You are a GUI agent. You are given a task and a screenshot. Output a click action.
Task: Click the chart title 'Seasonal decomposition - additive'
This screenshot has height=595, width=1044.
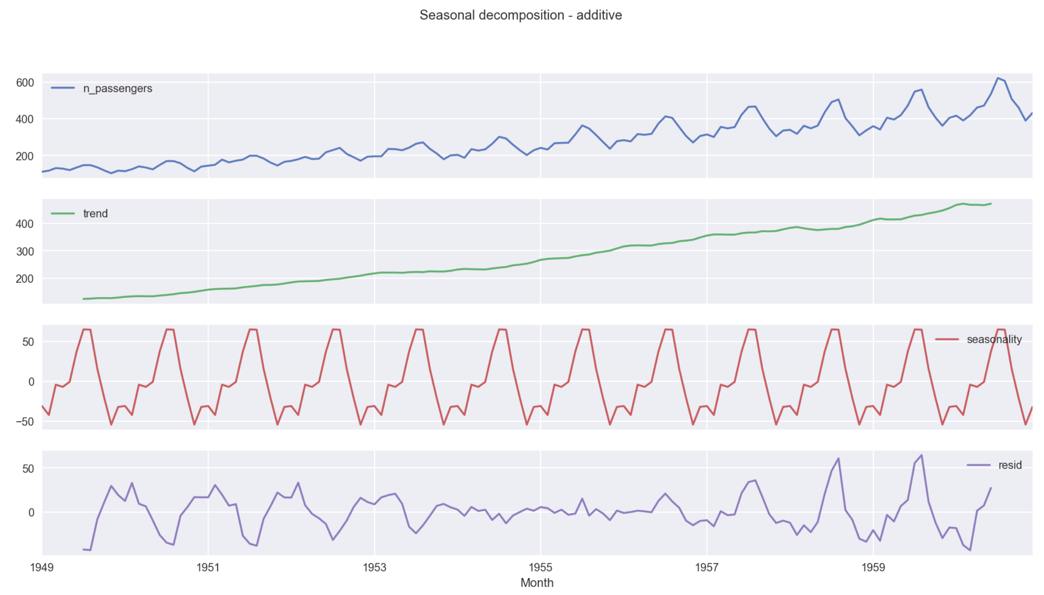click(x=521, y=15)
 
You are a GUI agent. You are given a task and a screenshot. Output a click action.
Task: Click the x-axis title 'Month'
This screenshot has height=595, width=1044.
click(x=537, y=583)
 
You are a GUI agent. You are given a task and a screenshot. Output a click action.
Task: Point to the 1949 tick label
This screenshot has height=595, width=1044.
click(x=42, y=567)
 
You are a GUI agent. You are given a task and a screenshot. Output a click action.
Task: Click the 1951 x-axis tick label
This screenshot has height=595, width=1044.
click(x=208, y=567)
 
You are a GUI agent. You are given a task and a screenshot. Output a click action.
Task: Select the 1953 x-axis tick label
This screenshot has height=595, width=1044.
click(x=374, y=567)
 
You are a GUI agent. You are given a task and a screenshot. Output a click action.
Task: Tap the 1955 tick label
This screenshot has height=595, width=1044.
click(x=540, y=567)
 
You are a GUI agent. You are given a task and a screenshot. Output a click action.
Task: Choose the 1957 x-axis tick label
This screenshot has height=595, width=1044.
click(x=707, y=567)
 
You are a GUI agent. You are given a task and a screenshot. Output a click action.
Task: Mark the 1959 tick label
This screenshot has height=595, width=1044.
click(x=873, y=567)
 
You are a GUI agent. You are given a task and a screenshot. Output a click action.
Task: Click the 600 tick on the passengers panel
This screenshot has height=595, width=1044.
click(x=25, y=83)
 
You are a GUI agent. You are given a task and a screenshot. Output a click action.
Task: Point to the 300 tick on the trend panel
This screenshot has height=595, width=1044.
click(x=25, y=251)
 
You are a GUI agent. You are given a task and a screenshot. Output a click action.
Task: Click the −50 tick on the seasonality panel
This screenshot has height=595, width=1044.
click(x=25, y=421)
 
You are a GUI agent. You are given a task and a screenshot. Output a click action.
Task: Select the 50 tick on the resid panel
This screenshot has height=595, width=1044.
click(x=28, y=468)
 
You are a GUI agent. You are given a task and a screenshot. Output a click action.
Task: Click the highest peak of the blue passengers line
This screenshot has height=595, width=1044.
click(x=998, y=78)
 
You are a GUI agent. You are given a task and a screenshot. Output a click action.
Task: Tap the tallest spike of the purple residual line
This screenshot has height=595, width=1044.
click(x=922, y=455)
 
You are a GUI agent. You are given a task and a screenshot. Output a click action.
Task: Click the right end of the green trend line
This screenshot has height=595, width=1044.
click(x=991, y=204)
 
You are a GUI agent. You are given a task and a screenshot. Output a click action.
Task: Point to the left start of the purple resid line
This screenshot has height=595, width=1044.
click(x=84, y=549)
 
